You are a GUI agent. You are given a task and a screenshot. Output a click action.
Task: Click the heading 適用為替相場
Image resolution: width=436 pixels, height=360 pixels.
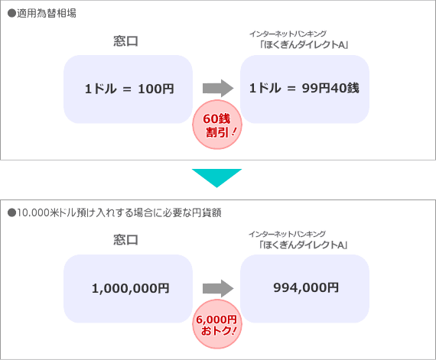(47, 13)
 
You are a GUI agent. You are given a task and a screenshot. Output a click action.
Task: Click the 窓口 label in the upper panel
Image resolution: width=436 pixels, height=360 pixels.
(125, 41)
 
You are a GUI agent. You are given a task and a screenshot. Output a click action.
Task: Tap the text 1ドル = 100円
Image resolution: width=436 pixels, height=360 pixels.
(129, 89)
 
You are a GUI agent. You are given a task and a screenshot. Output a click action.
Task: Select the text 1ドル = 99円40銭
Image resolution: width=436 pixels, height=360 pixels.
(304, 88)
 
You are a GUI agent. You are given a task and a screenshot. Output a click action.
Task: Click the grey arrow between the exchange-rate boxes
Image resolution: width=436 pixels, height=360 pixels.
(218, 89)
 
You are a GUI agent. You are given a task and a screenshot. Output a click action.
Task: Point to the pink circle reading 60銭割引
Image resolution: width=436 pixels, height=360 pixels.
(217, 125)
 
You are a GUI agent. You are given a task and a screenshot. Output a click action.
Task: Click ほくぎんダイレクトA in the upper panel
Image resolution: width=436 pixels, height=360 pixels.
(304, 44)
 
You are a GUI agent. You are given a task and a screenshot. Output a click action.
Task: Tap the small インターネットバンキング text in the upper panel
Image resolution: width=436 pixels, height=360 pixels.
(288, 34)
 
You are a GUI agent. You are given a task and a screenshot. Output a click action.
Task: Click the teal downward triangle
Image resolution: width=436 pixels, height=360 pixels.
(217, 178)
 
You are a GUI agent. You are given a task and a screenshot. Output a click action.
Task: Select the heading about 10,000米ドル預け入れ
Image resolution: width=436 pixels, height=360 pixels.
(119, 212)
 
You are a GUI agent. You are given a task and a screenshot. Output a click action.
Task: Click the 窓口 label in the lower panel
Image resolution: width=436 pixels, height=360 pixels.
(125, 240)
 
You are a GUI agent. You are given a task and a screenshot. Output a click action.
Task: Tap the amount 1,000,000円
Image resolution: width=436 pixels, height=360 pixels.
(130, 288)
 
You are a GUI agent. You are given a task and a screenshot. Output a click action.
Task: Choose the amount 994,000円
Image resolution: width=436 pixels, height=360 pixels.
(306, 287)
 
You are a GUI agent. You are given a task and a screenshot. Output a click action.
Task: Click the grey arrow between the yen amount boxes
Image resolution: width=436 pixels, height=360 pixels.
(218, 288)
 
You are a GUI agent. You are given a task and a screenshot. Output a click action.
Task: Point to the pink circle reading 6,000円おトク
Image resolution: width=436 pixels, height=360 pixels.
(217, 324)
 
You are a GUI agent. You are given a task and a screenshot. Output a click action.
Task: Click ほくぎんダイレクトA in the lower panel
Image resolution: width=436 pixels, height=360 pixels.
(303, 245)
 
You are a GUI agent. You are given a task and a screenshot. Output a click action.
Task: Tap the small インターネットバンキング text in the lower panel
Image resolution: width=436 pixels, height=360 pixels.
(288, 234)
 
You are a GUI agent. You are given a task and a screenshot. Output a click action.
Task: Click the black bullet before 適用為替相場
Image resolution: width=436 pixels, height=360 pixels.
(11, 13)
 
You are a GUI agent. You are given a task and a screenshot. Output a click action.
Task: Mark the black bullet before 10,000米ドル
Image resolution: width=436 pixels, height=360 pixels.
(11, 213)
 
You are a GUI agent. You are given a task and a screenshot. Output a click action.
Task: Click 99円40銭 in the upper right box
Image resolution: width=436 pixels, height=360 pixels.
(330, 88)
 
